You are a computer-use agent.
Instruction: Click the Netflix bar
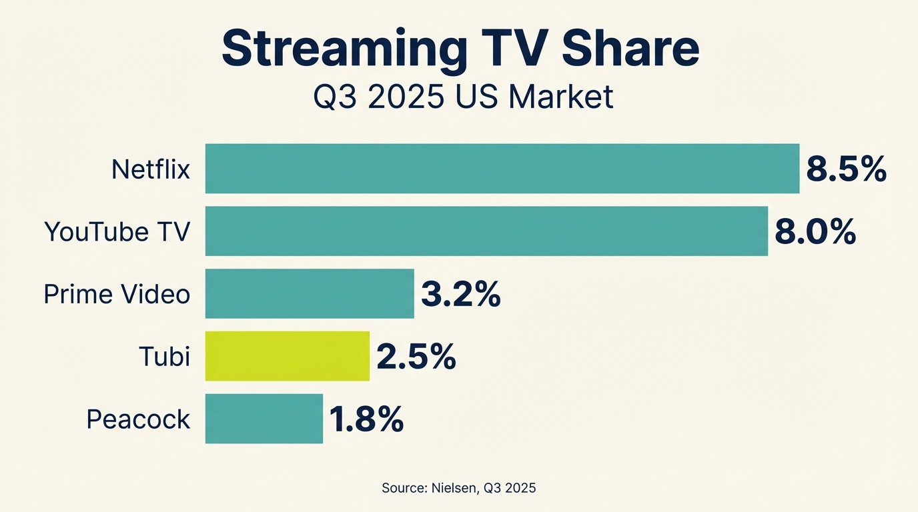[x=502, y=169]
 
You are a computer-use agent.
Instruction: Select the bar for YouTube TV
[x=486, y=231]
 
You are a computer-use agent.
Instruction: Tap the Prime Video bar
[x=310, y=293]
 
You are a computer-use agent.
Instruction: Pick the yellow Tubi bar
[x=287, y=356]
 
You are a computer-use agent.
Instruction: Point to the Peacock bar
[x=264, y=419]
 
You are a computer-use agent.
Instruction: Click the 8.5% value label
[x=846, y=170]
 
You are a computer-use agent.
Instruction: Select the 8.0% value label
[x=815, y=233]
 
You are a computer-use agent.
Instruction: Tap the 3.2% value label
[x=460, y=295]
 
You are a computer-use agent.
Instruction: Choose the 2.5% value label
[x=416, y=357]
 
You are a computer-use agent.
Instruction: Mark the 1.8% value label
[x=366, y=420]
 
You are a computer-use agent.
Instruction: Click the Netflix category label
[x=151, y=169]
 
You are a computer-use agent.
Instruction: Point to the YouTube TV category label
[x=117, y=232]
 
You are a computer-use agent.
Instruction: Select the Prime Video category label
[x=117, y=294]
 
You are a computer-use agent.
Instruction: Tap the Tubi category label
[x=164, y=357]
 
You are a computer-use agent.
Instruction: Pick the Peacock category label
[x=139, y=419]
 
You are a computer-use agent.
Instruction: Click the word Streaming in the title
[x=344, y=49]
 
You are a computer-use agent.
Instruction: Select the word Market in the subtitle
[x=560, y=97]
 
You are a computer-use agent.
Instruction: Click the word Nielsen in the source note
[x=451, y=488]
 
